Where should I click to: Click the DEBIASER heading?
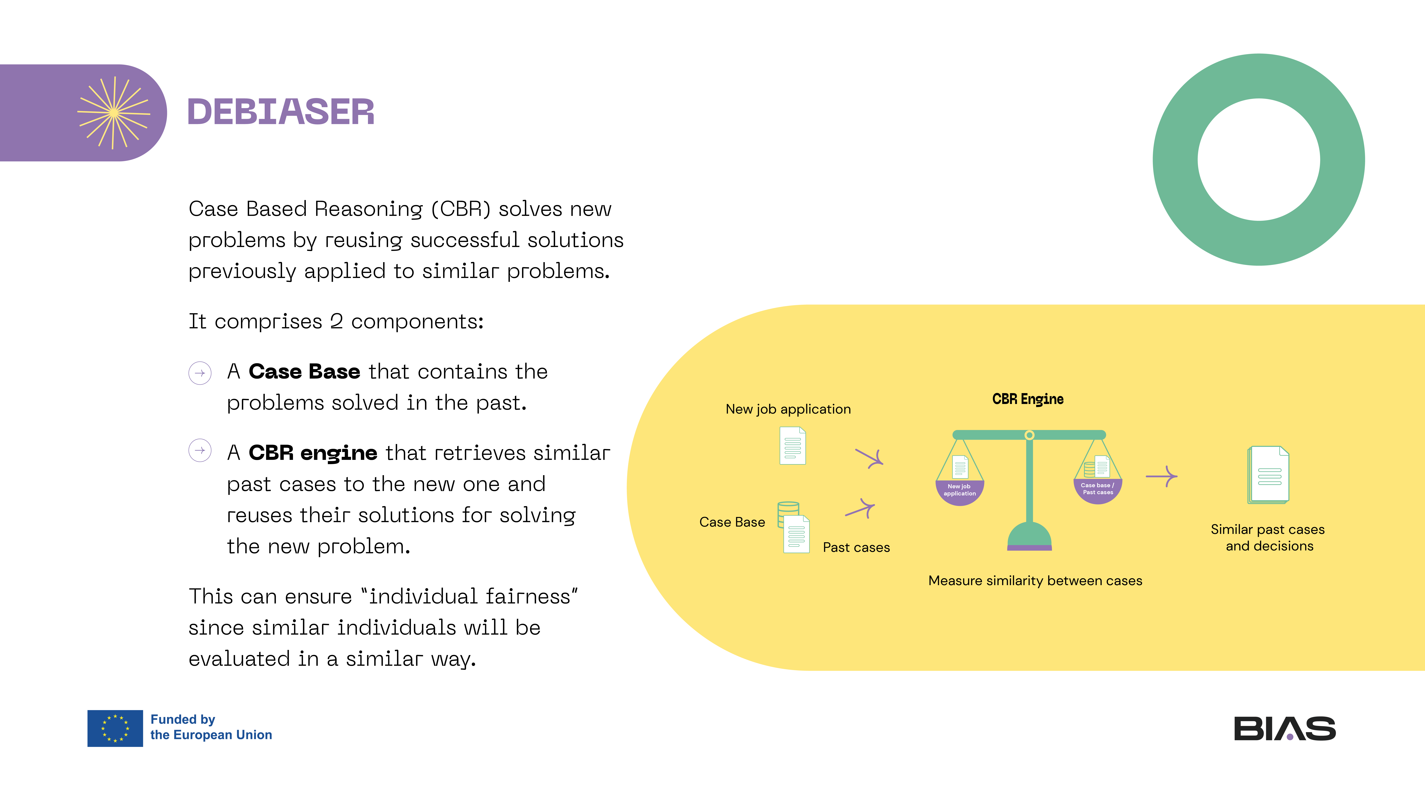tap(281, 112)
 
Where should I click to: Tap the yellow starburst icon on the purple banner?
tap(113, 113)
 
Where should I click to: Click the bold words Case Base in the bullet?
tap(304, 371)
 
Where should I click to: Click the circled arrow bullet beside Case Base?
tap(200, 373)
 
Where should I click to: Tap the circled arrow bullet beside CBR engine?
tap(200, 451)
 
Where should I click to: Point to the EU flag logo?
tap(115, 728)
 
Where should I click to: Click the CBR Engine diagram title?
tap(1027, 399)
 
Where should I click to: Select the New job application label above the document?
tap(788, 409)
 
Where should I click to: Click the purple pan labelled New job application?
tap(960, 491)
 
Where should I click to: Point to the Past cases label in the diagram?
tap(856, 547)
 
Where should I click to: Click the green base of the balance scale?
tap(1029, 536)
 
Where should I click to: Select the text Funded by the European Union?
tap(211, 727)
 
